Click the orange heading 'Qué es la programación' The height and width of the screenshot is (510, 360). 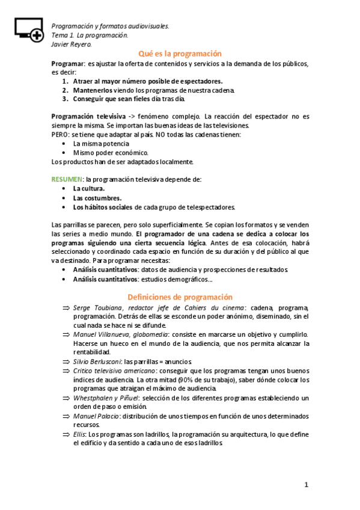tap(180, 54)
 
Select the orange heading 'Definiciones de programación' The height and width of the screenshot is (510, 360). tap(180, 296)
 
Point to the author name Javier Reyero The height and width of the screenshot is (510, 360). tap(72, 44)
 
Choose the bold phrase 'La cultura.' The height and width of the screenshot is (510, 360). tap(89, 188)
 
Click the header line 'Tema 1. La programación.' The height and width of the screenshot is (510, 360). tap(90, 35)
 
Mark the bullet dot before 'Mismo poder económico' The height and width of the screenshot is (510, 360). tap(64, 153)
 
